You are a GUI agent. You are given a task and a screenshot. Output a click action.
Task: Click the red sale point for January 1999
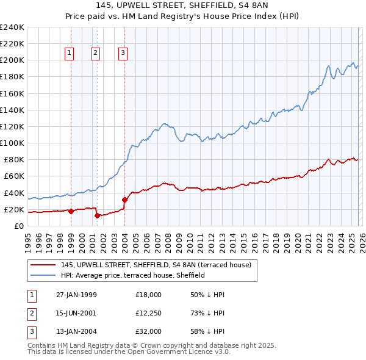71,211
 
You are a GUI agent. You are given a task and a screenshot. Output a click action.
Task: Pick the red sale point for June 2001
97,215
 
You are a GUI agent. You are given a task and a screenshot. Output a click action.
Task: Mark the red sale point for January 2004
124,200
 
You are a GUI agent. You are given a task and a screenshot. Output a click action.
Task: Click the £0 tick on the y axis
18,226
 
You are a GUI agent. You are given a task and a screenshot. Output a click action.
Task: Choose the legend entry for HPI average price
132,275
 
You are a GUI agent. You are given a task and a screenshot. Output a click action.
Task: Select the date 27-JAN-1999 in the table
76,294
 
